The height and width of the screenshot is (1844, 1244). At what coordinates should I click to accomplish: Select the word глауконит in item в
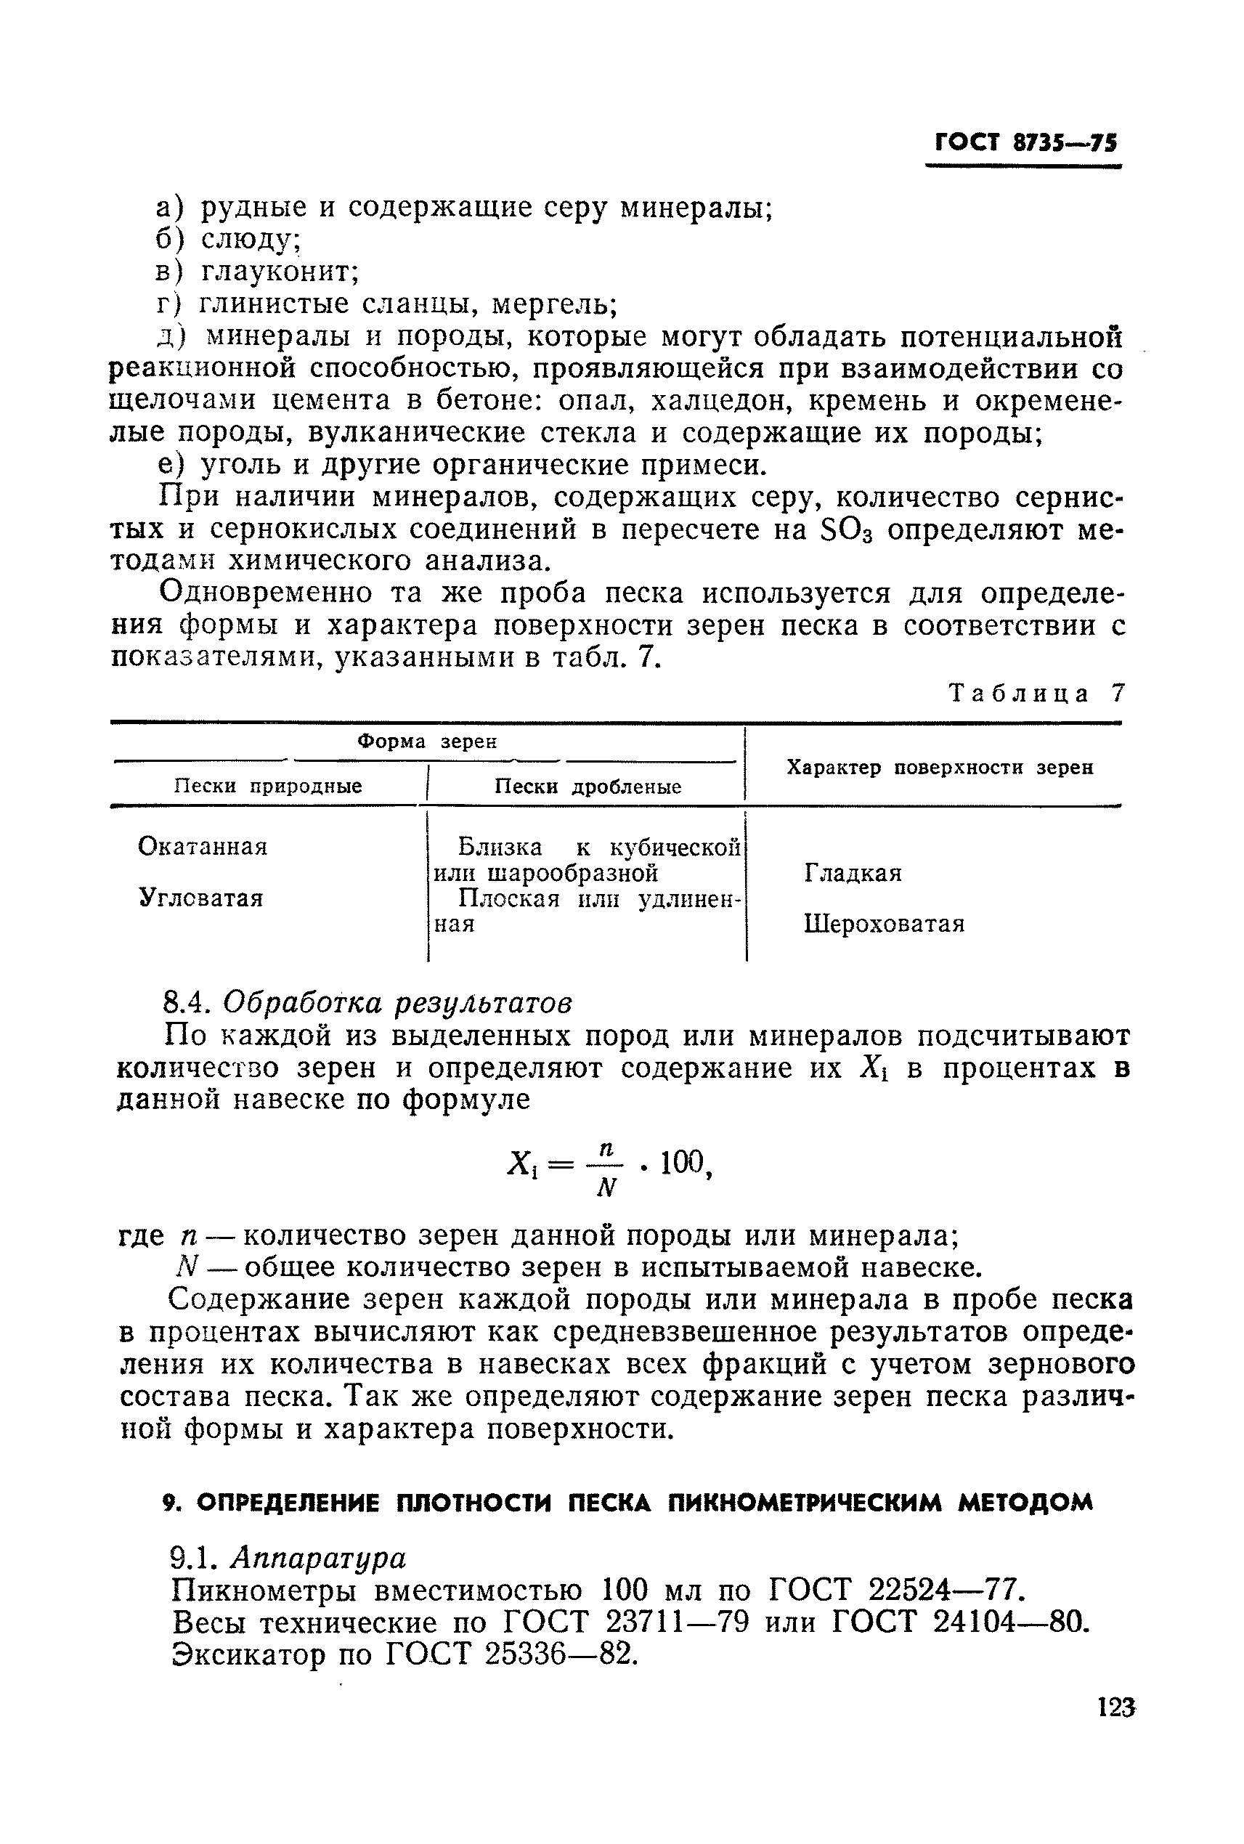[x=280, y=272]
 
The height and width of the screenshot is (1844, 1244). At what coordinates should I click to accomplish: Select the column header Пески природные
[x=268, y=787]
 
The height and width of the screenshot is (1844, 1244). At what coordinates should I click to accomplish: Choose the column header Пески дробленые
[x=588, y=787]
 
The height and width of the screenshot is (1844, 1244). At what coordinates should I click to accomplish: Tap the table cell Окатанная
[x=203, y=847]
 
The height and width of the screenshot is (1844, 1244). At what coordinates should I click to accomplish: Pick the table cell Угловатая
[x=200, y=898]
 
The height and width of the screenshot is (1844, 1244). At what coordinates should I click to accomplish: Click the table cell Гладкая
[x=853, y=873]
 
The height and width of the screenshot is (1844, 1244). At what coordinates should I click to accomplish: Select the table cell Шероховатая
[x=884, y=925]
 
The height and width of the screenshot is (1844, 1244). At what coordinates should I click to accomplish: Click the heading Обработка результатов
[x=397, y=1003]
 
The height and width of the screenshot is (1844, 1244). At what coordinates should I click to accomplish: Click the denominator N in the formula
[x=606, y=1187]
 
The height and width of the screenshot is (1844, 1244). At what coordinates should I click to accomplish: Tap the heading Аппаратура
[x=318, y=1559]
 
